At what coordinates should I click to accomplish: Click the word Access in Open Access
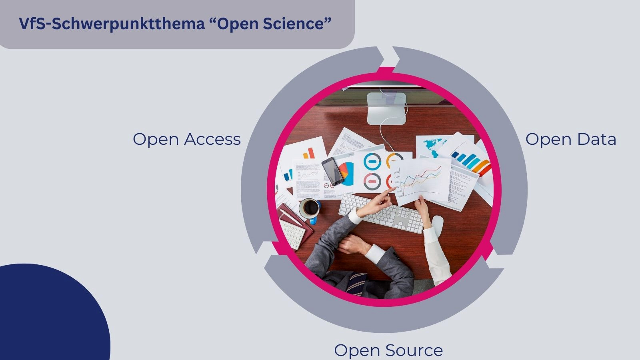(x=212, y=139)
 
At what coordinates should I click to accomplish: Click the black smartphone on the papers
(x=333, y=171)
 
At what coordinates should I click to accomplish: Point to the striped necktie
(x=356, y=282)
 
